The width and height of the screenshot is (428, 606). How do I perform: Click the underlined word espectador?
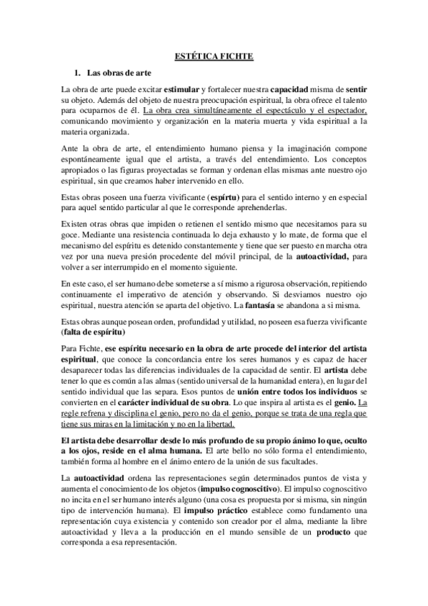tap(345, 111)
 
